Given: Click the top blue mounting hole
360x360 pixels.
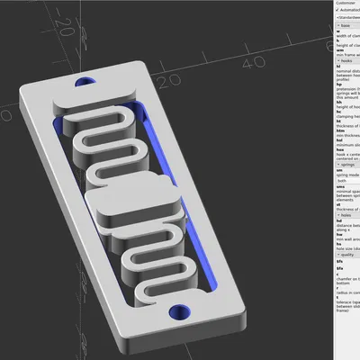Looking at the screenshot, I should click(86, 82).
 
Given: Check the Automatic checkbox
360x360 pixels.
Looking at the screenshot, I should click(337, 11).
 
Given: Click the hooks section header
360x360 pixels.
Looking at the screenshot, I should click(345, 60).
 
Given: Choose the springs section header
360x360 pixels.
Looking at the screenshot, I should click(346, 164).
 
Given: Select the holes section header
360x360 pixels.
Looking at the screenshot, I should click(345, 214).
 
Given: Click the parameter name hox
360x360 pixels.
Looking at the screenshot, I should click(339, 150).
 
